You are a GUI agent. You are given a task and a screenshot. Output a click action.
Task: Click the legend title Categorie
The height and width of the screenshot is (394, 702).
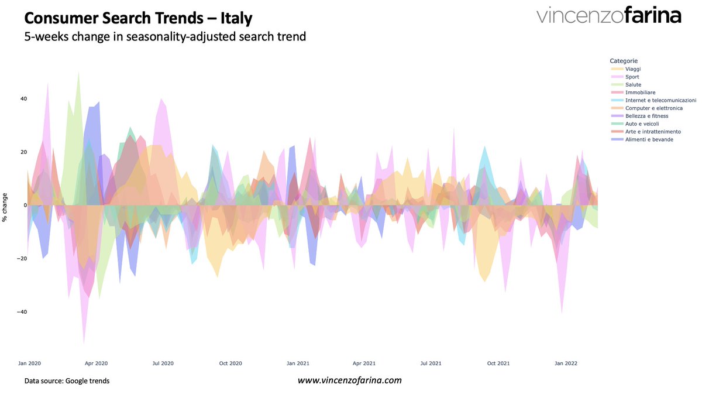point(624,61)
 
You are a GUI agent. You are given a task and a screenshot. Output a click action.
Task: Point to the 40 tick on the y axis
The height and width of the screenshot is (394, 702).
point(23,98)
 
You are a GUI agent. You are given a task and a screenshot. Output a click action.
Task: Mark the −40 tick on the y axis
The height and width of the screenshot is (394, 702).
point(21,312)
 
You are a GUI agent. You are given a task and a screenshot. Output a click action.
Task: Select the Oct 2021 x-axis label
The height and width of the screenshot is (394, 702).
point(498,364)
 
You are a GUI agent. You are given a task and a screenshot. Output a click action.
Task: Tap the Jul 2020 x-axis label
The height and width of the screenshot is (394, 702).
point(163,364)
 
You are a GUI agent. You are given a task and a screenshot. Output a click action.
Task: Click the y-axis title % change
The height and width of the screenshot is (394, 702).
point(5,207)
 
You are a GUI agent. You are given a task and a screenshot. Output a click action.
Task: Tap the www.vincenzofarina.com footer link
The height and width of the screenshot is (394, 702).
point(350,381)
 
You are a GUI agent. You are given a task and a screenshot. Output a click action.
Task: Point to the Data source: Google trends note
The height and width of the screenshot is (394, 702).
point(67,381)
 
